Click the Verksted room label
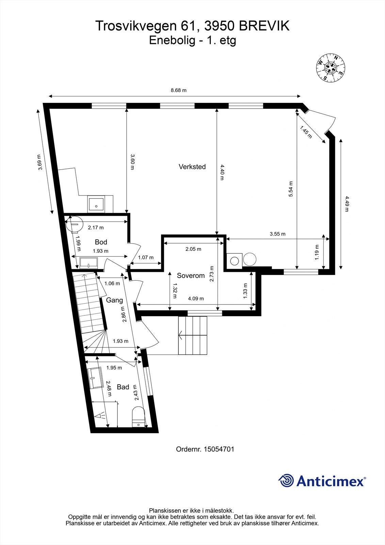coord(192,167)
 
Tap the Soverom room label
coord(191,276)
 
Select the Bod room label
coord(101,242)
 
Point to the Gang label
coord(114,300)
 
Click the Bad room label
coord(123,387)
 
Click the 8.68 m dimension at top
coord(179,90)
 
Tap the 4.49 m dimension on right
coord(347,203)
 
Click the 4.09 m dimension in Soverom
coord(196,298)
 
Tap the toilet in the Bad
coord(139,416)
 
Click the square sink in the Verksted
coord(97,204)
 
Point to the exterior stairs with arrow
coord(193,336)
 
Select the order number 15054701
coord(219,449)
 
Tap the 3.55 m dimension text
coord(277,234)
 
